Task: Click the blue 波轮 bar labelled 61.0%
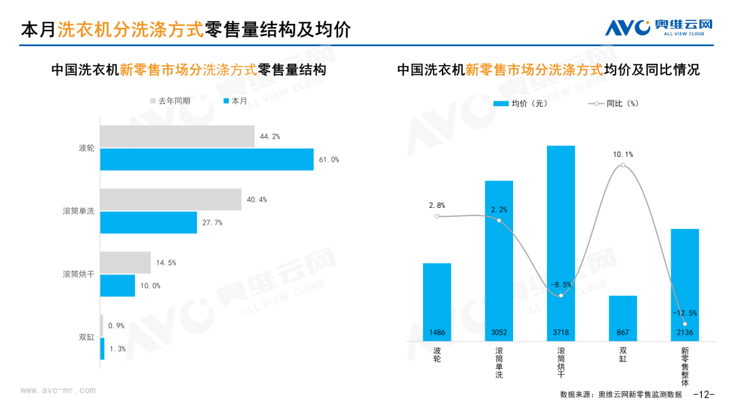click(207, 159)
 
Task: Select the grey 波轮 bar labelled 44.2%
click(177, 137)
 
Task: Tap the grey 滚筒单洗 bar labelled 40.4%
click(170, 200)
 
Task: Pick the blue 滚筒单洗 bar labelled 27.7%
click(149, 222)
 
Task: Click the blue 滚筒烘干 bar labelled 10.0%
click(117, 285)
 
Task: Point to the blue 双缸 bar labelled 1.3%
click(102, 348)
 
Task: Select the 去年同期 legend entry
click(170, 101)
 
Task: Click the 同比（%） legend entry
click(614, 104)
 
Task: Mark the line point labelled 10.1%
click(622, 165)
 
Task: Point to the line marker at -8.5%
click(561, 295)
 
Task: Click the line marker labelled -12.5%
click(685, 324)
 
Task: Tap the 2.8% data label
click(437, 205)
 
